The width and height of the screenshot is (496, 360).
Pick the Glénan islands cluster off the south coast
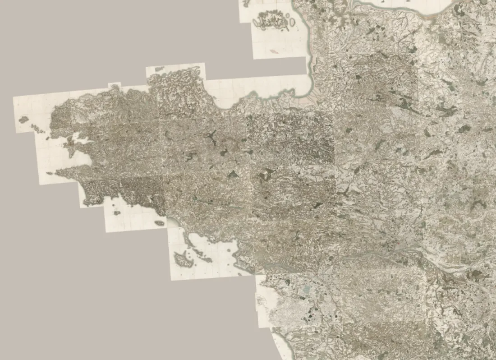(x=117, y=212)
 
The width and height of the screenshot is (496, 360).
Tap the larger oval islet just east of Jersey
(x=292, y=21)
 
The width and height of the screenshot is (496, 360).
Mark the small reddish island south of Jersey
(x=272, y=52)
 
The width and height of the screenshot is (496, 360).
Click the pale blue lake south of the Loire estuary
(x=307, y=289)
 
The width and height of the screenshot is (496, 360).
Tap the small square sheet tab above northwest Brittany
(x=115, y=84)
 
